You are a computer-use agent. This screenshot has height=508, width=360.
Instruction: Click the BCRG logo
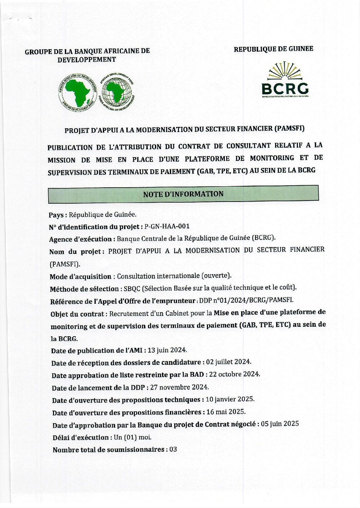coord(285,80)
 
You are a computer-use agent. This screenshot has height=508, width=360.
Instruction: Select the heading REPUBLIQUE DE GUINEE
coord(273,49)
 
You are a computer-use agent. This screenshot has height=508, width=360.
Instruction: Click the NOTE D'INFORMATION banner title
coord(183,194)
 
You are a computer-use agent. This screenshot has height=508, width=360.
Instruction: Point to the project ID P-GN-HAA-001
coord(167,226)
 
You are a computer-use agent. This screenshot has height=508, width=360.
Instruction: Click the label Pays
coord(56,215)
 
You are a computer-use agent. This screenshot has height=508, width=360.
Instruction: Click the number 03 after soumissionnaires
coord(173,450)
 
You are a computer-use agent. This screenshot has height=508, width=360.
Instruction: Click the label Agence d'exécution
coord(80,239)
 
